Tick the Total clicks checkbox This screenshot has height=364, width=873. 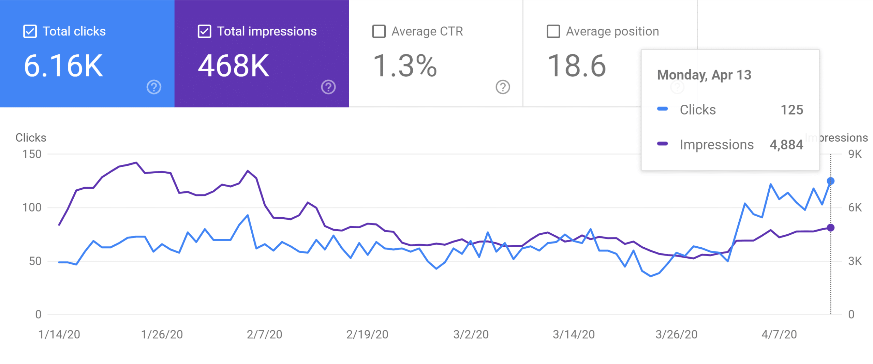30,31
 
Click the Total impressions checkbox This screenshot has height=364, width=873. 205,31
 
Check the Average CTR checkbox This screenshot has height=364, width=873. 379,31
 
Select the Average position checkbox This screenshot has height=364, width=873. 553,31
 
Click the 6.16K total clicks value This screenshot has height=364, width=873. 63,66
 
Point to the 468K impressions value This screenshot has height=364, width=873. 234,66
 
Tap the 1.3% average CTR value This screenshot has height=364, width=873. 405,66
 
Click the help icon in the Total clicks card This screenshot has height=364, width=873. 154,87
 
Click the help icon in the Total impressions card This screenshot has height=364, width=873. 328,87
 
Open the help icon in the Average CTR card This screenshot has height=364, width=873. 503,87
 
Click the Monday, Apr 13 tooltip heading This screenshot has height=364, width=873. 704,75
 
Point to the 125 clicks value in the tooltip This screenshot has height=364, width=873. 792,110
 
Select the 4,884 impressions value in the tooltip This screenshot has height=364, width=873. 786,145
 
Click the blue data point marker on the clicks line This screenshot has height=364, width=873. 831,181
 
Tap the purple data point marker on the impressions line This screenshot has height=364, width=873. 831,228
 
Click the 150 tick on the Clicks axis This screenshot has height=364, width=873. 32,154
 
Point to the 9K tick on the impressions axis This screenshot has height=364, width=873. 855,154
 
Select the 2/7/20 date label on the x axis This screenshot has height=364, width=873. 265,334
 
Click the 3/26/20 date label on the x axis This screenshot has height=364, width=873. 677,334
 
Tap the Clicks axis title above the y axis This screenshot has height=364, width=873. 31,137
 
